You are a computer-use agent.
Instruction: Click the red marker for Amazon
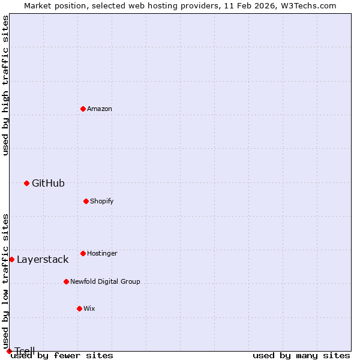tap(83, 109)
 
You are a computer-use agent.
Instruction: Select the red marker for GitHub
tap(26, 183)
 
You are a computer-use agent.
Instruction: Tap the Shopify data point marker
tap(86, 201)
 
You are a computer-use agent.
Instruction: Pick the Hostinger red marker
tap(83, 253)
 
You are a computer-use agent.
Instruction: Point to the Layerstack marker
tap(11, 259)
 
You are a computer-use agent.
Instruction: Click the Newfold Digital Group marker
tap(66, 281)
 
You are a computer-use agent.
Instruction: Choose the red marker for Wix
tap(79, 308)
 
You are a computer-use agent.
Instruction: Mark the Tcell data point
tap(9, 351)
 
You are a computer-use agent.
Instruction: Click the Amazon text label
tap(100, 109)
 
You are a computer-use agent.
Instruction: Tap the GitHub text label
tap(48, 183)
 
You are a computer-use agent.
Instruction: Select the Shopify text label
tap(102, 201)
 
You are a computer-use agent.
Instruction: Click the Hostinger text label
tap(102, 253)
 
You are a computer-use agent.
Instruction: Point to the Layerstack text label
tap(43, 259)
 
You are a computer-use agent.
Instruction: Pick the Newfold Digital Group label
tap(105, 281)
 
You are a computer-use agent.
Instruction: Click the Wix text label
tap(89, 308)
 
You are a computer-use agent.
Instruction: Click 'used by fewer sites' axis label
tap(62, 356)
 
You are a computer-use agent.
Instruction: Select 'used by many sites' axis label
tap(301, 356)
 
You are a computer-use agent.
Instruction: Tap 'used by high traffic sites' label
tap(6, 85)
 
